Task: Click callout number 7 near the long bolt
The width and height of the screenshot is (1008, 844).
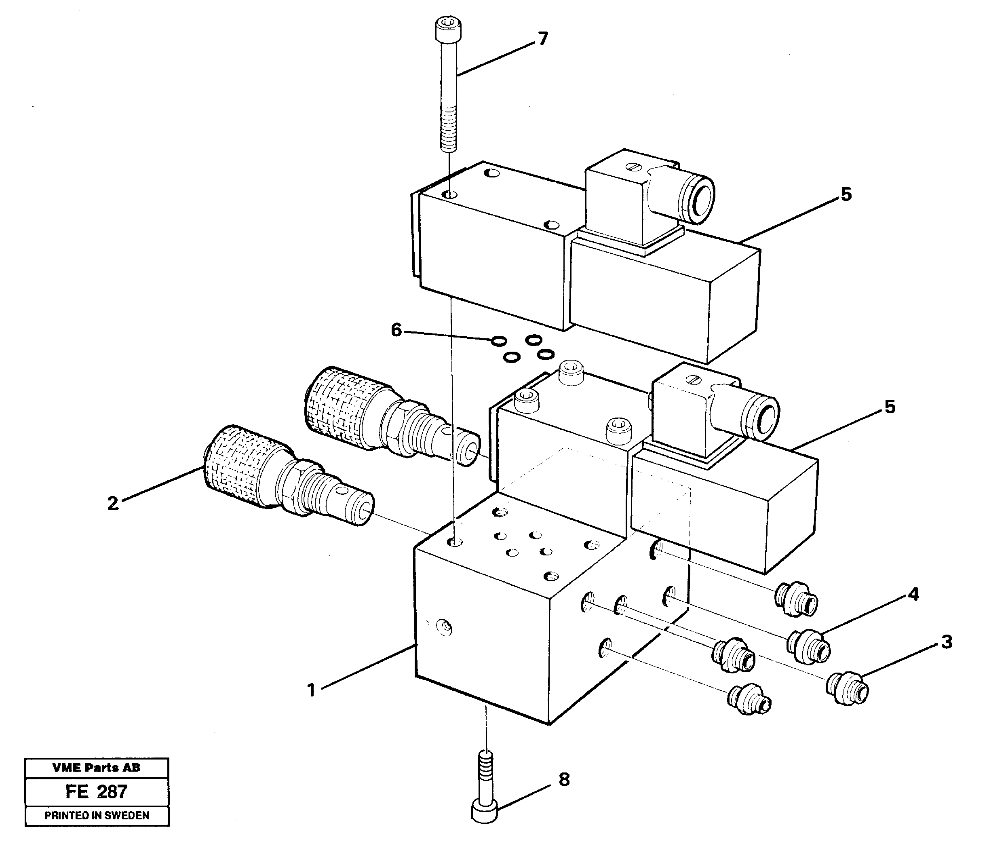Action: click(x=543, y=39)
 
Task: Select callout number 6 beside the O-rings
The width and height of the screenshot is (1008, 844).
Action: click(x=396, y=330)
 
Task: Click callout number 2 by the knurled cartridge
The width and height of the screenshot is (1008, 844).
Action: click(x=113, y=503)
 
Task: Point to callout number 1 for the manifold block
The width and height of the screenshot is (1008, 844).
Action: click(x=312, y=690)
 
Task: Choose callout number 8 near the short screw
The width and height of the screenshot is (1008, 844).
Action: click(x=564, y=779)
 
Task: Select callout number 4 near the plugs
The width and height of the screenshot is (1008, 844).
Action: click(x=913, y=594)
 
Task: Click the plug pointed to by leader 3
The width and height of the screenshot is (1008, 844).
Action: click(x=847, y=688)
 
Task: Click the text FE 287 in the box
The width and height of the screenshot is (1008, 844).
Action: click(x=97, y=792)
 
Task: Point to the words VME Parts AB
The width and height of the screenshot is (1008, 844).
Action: click(x=97, y=768)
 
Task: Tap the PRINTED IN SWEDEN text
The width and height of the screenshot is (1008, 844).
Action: click(x=97, y=815)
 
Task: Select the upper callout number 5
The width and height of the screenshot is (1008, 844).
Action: click(x=846, y=194)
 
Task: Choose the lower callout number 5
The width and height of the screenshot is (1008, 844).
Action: click(x=890, y=407)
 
